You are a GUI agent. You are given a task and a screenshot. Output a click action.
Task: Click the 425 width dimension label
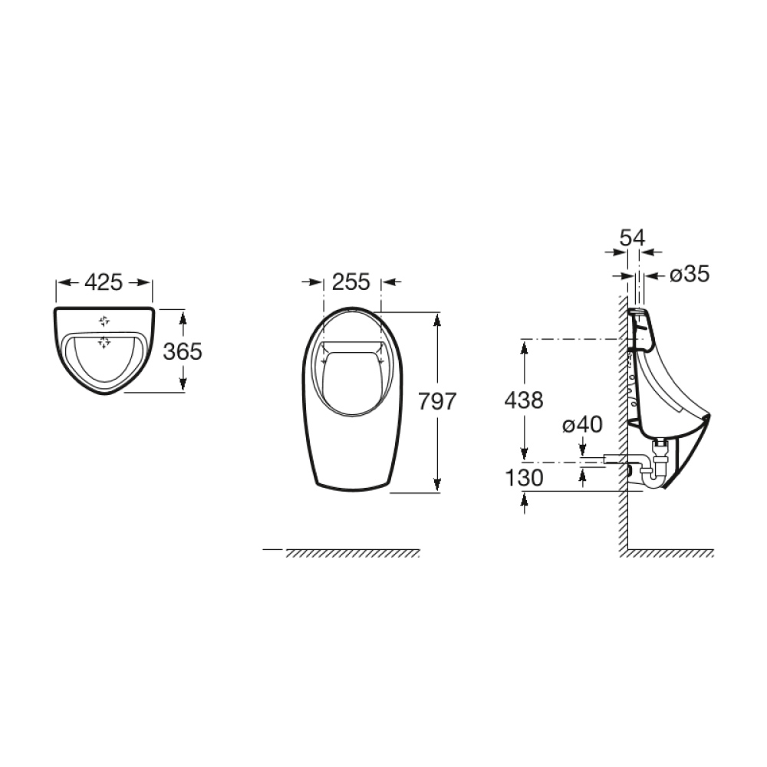coord(104,283)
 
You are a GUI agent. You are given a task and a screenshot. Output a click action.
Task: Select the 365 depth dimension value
coord(183,351)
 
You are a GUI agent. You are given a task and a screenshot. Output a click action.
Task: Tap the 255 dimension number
coord(351,283)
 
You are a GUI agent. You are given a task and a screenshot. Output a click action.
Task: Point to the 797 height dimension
coord(438,401)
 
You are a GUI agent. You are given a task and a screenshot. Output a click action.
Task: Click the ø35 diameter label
coord(689,274)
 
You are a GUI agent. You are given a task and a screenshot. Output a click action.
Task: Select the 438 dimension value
coord(525,400)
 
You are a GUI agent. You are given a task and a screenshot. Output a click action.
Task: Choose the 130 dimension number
coord(525,478)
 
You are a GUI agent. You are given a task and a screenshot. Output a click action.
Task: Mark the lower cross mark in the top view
coord(104,342)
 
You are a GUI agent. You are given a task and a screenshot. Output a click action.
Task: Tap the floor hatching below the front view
coord(353,554)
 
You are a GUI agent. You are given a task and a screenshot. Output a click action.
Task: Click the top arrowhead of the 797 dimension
coord(437,317)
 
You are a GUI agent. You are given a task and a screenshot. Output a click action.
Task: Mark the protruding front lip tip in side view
coord(708,417)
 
